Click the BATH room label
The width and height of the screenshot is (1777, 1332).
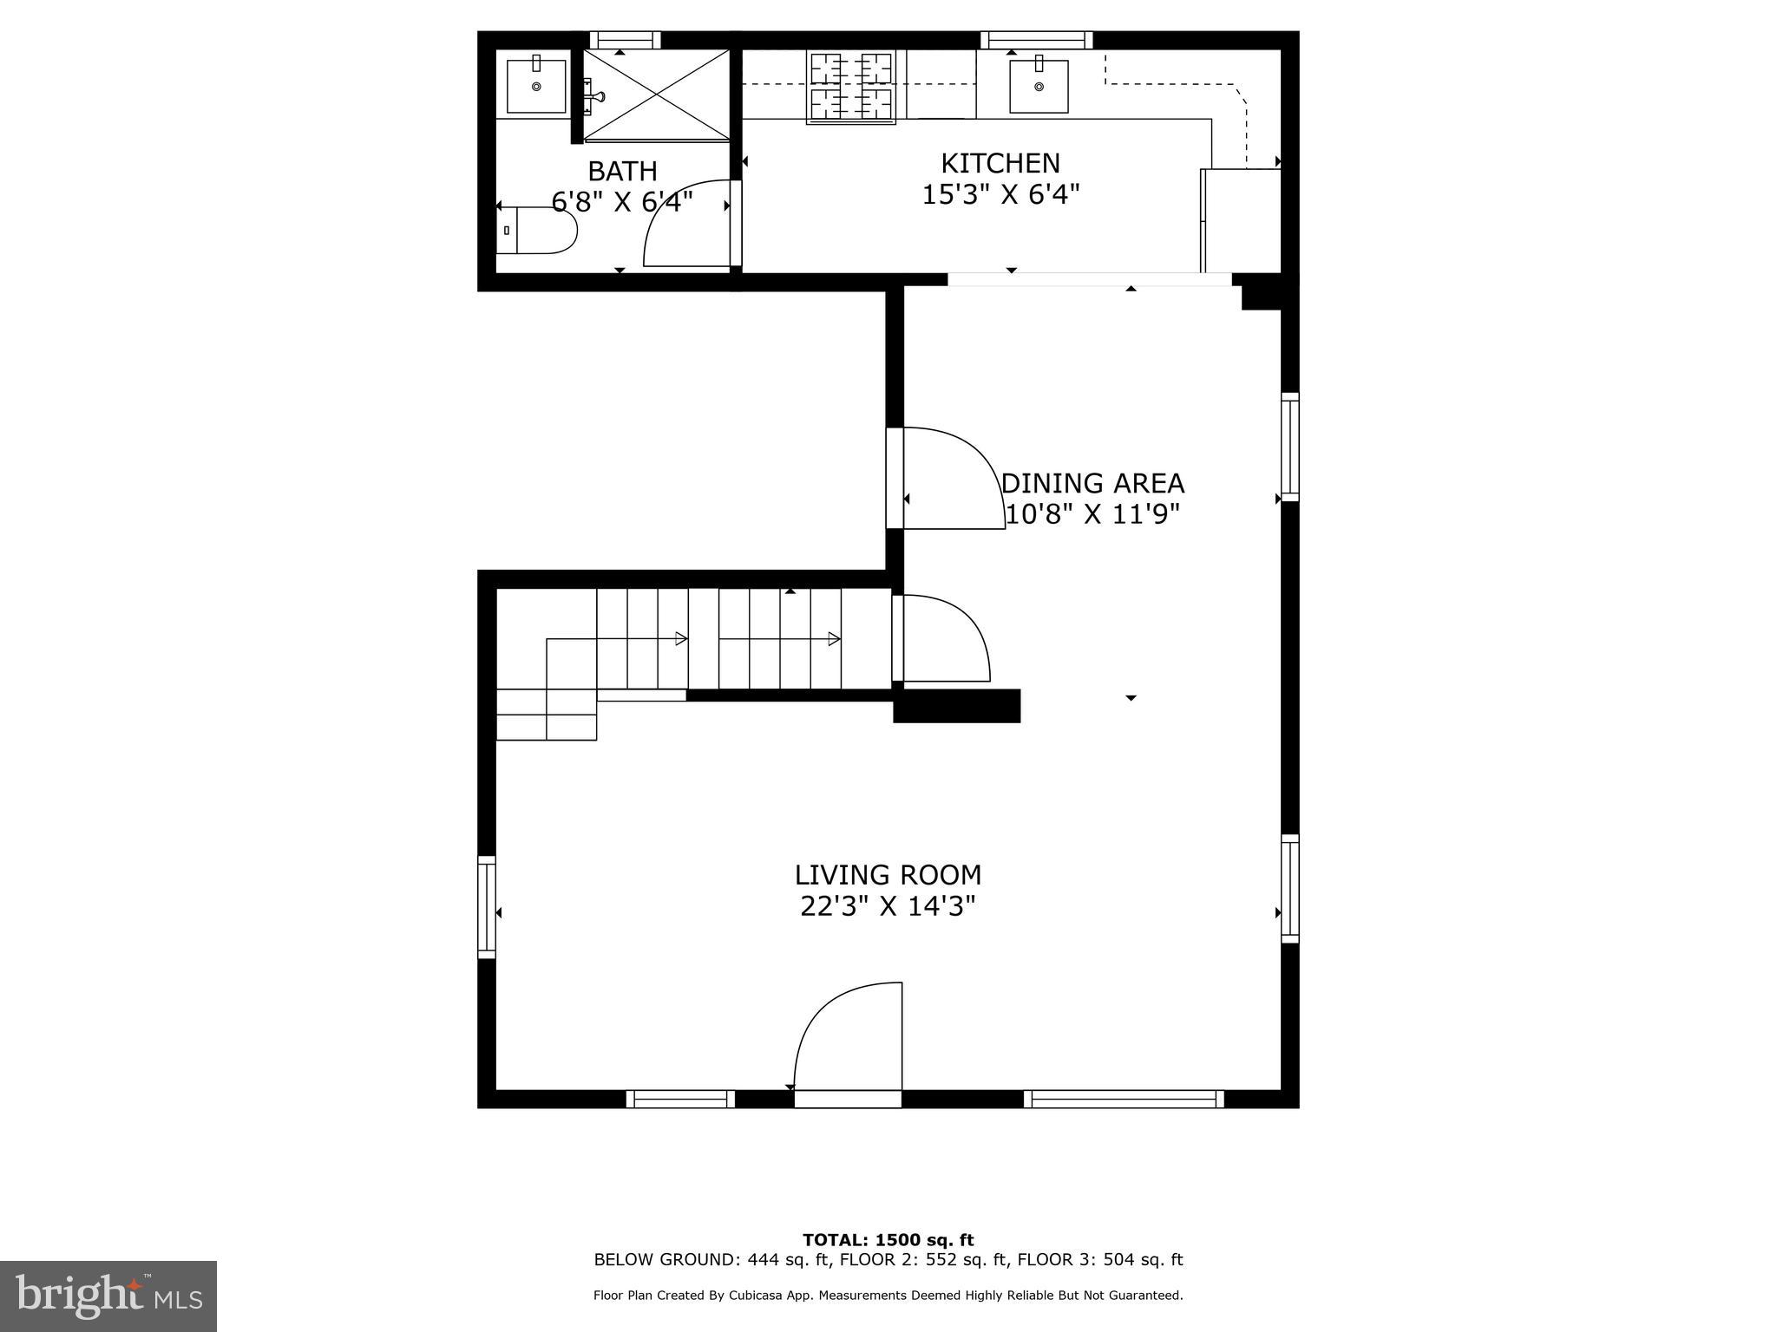[622, 171]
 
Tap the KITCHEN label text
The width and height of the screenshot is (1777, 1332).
[1000, 163]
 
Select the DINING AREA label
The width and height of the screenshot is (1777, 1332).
[1092, 483]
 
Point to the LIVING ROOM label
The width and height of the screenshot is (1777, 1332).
[888, 874]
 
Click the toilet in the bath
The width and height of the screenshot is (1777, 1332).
[538, 231]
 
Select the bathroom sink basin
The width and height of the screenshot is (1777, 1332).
[536, 85]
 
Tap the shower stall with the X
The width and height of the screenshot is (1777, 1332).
[656, 95]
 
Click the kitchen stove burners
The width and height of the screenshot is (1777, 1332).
[851, 87]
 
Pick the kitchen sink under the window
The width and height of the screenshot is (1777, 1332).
[1038, 86]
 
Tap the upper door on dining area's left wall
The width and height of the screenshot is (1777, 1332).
[946, 479]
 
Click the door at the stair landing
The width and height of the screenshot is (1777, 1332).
[942, 639]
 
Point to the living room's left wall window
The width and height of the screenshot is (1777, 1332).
[487, 907]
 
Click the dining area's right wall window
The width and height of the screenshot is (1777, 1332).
[1290, 447]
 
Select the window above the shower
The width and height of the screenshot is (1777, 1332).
[625, 40]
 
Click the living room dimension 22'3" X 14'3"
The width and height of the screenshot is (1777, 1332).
[888, 906]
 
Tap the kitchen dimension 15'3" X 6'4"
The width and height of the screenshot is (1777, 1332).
[1000, 194]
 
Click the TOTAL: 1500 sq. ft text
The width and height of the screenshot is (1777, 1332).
[888, 1240]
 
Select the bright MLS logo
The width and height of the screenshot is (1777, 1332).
[108, 1296]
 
